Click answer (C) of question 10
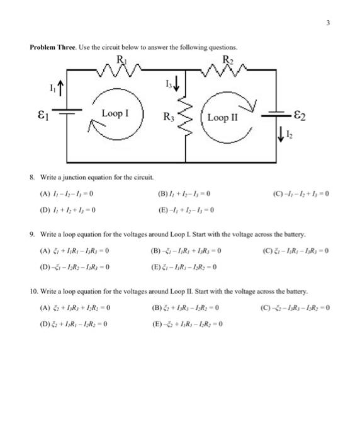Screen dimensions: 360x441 (295, 308)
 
